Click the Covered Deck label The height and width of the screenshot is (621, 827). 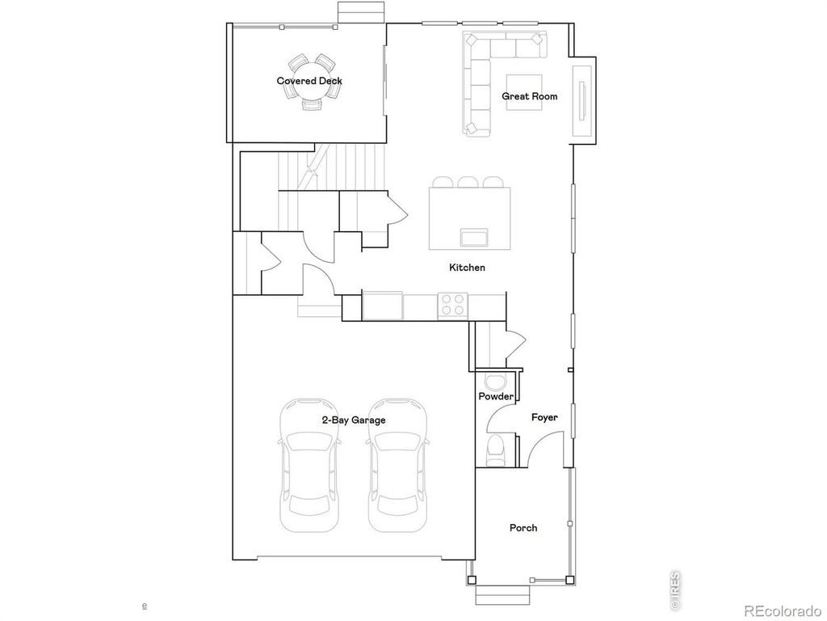pos(309,81)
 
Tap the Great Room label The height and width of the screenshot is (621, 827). pos(530,96)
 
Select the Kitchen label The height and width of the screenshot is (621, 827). pos(467,267)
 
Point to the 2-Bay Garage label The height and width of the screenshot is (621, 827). pos(354,420)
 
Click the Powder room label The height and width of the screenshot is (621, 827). pos(496,396)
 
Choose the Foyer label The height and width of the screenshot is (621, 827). pos(544,417)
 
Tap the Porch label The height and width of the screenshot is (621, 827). pos(523,528)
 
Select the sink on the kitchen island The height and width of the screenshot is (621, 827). pos(473,236)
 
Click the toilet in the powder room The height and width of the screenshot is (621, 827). pos(497,446)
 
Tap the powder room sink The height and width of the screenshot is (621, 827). pos(494,382)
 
